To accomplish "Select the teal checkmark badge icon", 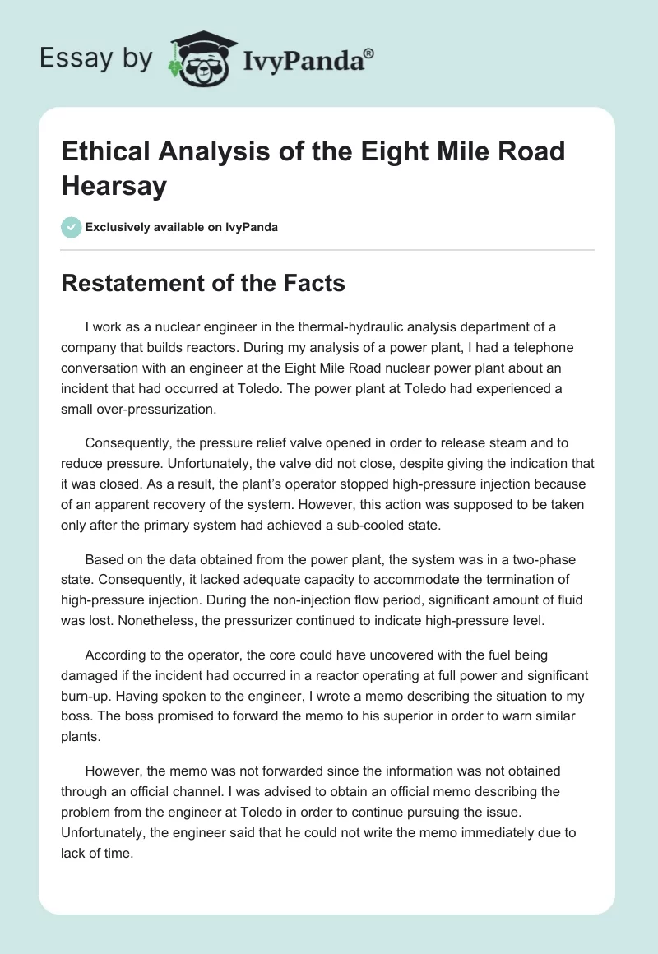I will (x=72, y=227).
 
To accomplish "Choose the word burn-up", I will (x=86, y=696).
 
